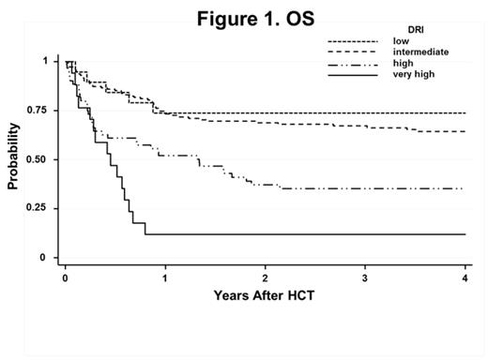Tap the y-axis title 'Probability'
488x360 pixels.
pos(13,159)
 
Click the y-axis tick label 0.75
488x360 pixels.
pos(42,111)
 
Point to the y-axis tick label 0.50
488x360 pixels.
pos(42,160)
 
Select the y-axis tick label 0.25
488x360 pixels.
pos(42,209)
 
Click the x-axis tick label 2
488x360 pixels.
pos(266,278)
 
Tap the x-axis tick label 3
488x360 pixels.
pos(365,278)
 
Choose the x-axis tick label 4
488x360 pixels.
pos(465,278)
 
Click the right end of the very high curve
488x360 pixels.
pos(465,234)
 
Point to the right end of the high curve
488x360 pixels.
pos(465,188)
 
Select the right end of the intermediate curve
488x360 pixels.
pos(465,131)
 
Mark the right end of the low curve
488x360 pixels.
pos(465,112)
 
